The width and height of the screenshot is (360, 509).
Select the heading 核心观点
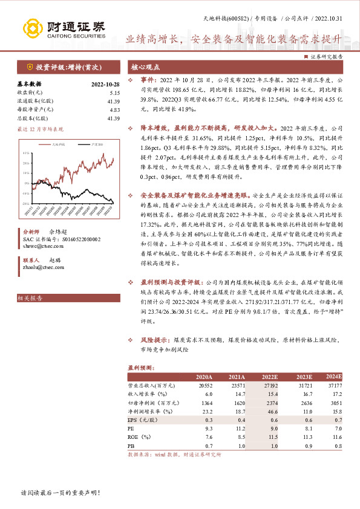click(145, 66)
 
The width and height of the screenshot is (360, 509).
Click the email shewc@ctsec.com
click(41, 247)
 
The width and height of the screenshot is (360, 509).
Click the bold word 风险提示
click(155, 340)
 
